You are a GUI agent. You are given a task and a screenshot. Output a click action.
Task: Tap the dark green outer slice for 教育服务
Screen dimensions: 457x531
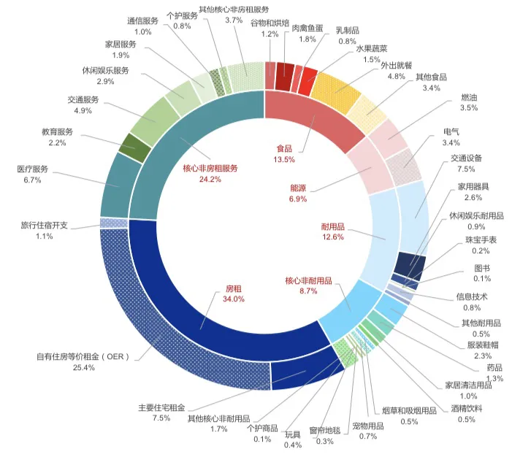tap(134, 147)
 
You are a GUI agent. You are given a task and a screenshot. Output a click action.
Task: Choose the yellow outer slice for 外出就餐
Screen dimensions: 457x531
tap(336, 88)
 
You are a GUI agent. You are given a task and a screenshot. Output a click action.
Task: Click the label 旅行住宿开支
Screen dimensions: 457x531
tap(44, 226)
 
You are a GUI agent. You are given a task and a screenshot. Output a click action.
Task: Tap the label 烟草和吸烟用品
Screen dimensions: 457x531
tap(409, 411)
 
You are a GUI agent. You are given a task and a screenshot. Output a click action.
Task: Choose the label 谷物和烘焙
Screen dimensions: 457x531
tap(270, 23)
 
